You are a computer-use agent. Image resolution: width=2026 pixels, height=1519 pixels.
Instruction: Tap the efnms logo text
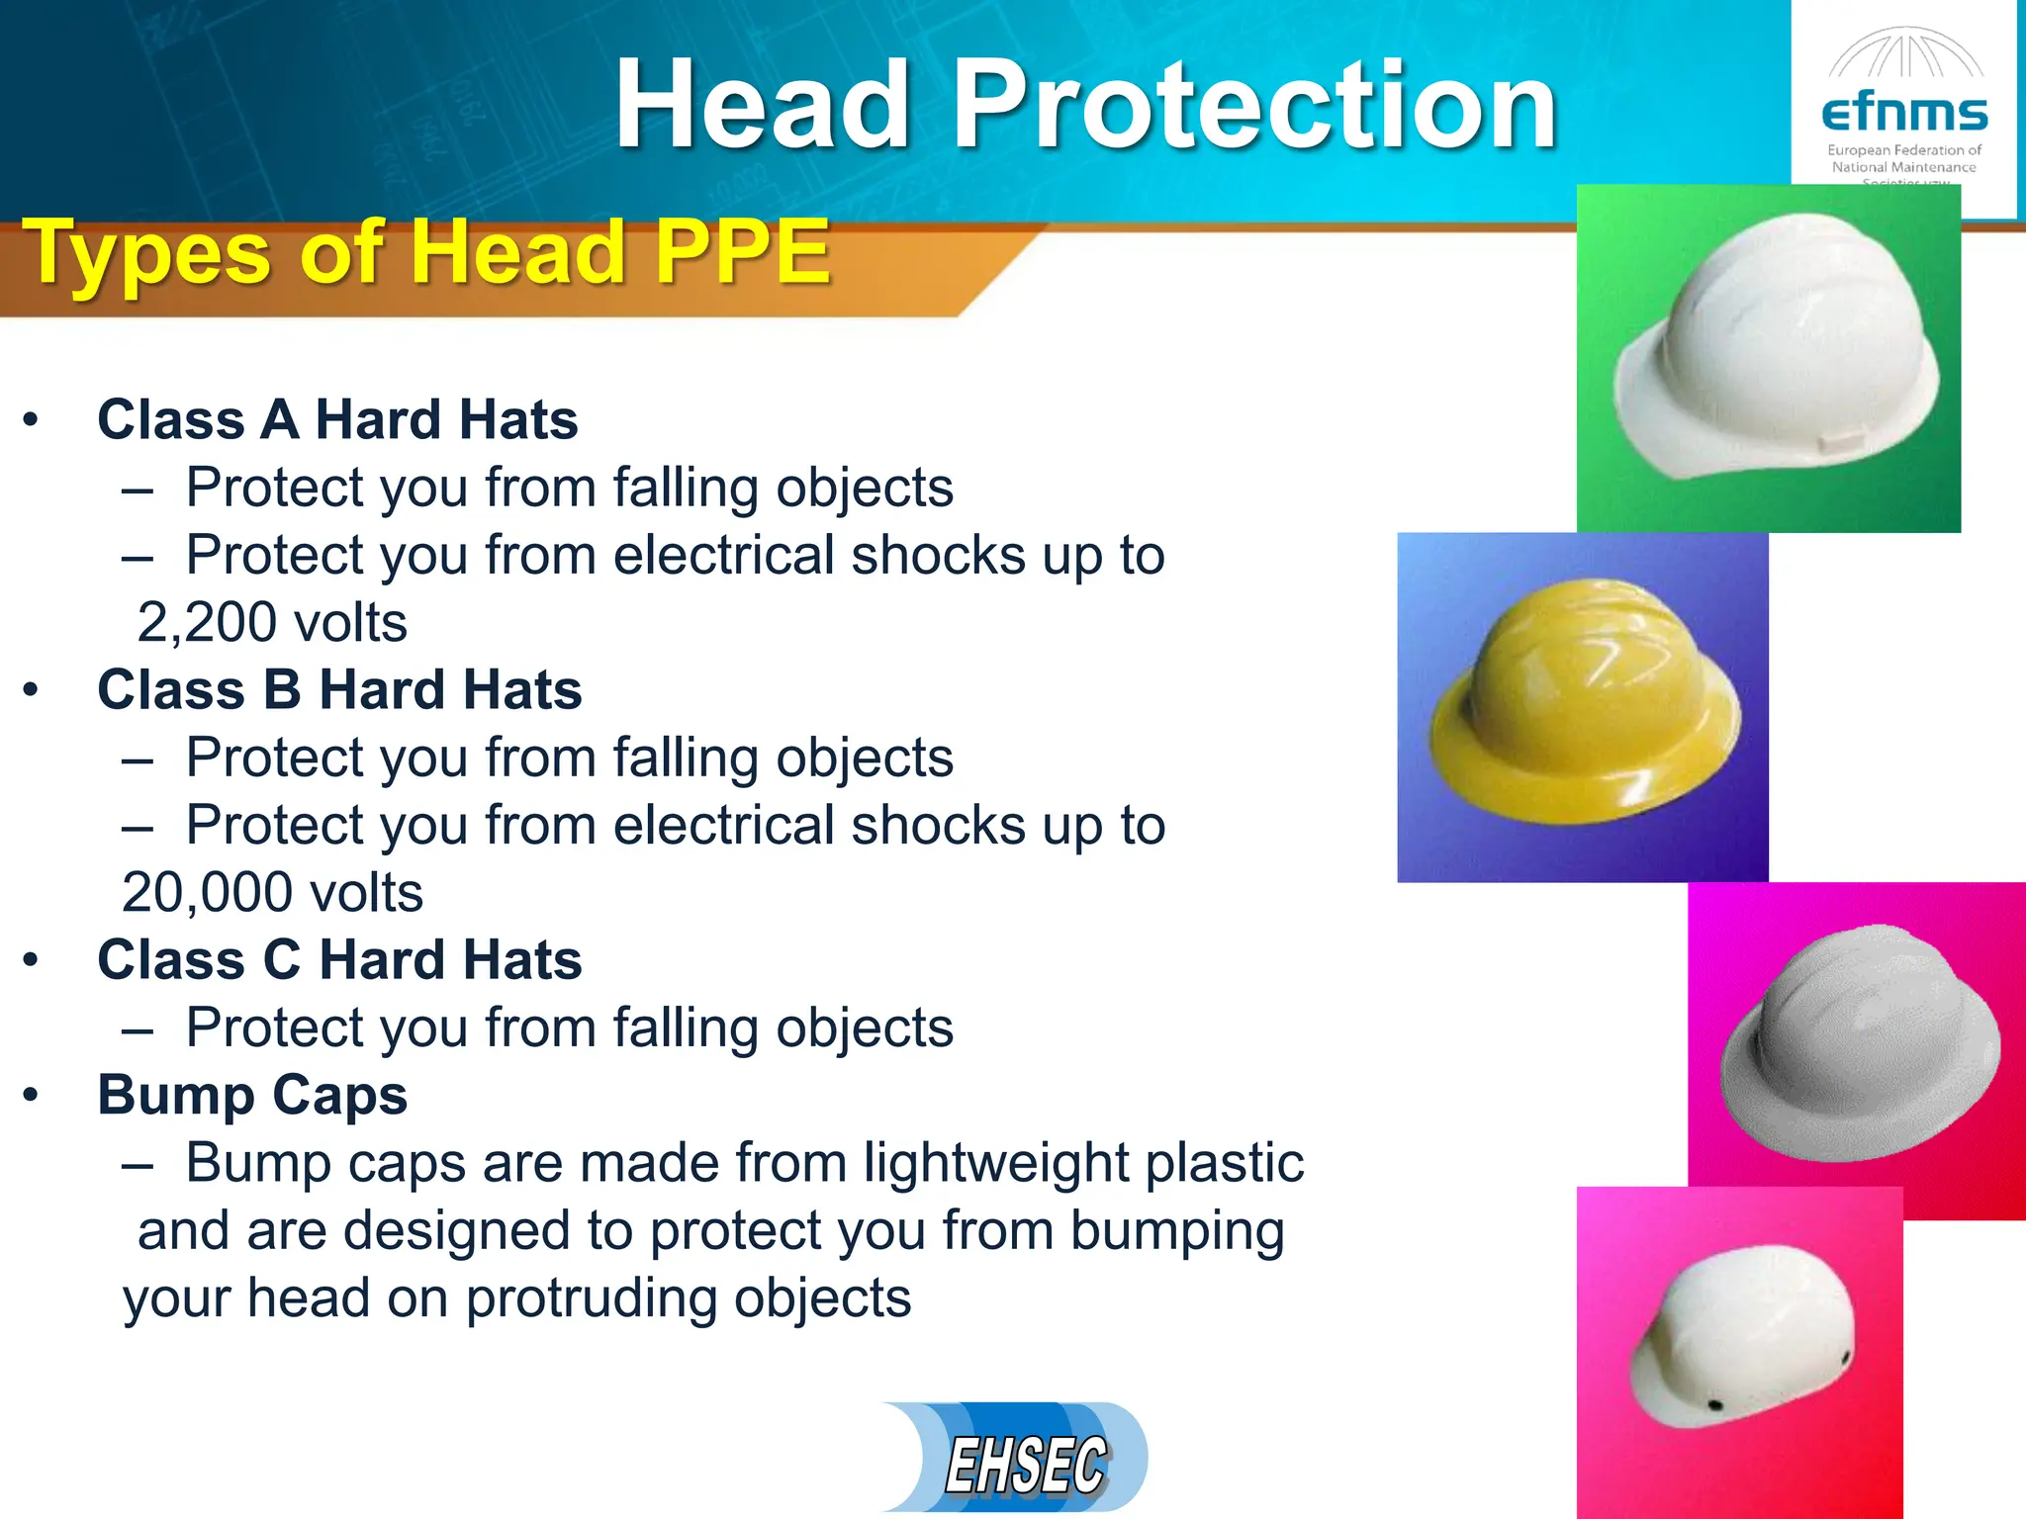tap(1904, 114)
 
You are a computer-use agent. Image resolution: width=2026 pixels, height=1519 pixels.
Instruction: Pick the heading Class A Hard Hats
tap(337, 420)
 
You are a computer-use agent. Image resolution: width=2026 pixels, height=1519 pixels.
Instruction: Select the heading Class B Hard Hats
tap(339, 690)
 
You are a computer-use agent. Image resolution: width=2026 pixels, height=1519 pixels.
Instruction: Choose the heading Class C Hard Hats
tap(339, 960)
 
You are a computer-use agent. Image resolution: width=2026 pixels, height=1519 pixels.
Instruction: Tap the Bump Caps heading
tap(252, 1096)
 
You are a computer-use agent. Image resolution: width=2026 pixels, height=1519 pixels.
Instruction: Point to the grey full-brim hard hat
tap(1860, 1043)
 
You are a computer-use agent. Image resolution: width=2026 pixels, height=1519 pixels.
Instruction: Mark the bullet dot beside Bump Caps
tap(32, 1096)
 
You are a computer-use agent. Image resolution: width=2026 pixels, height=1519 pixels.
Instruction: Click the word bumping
tap(1177, 1232)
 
